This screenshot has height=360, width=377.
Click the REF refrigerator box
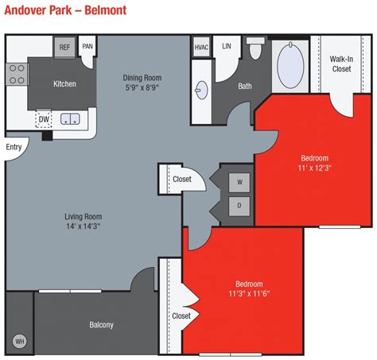(x=64, y=48)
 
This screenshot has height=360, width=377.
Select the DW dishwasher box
(x=44, y=119)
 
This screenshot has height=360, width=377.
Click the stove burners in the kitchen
(x=16, y=78)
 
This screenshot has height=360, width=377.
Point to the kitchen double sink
(x=71, y=120)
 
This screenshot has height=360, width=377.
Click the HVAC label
(x=200, y=47)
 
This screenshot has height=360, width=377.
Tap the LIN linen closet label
(x=226, y=47)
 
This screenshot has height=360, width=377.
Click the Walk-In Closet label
(x=341, y=64)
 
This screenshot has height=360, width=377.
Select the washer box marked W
(x=239, y=182)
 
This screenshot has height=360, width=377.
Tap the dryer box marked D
(x=239, y=206)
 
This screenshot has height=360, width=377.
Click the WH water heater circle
(x=20, y=341)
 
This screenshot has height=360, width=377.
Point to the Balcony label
(x=101, y=324)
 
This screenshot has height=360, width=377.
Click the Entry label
(x=14, y=147)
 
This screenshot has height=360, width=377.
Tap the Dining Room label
(x=142, y=77)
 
